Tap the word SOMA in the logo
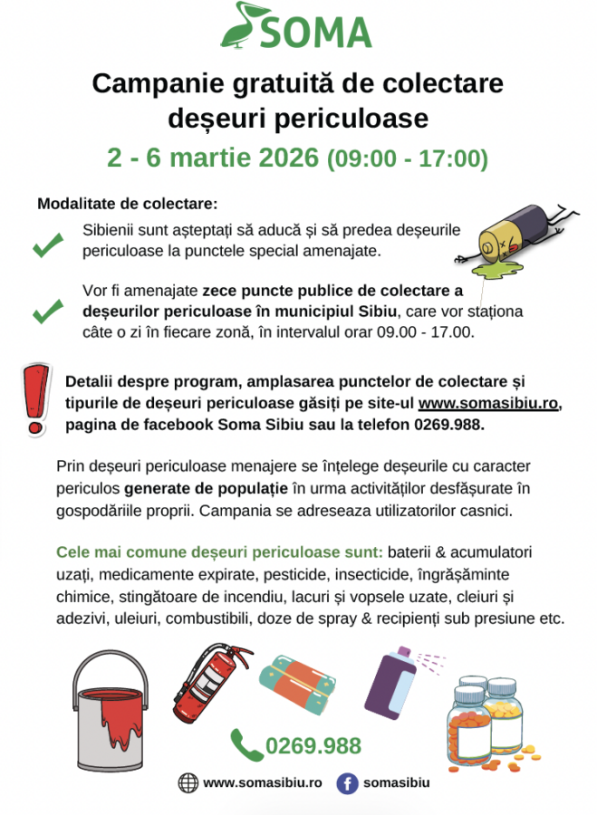pyautogui.click(x=317, y=33)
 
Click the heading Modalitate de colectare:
pyautogui.click(x=127, y=204)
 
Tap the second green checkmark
pyautogui.click(x=47, y=312)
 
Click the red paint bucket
pyautogui.click(x=111, y=706)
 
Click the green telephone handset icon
pyautogui.click(x=246, y=744)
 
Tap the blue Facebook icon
pyautogui.click(x=346, y=783)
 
